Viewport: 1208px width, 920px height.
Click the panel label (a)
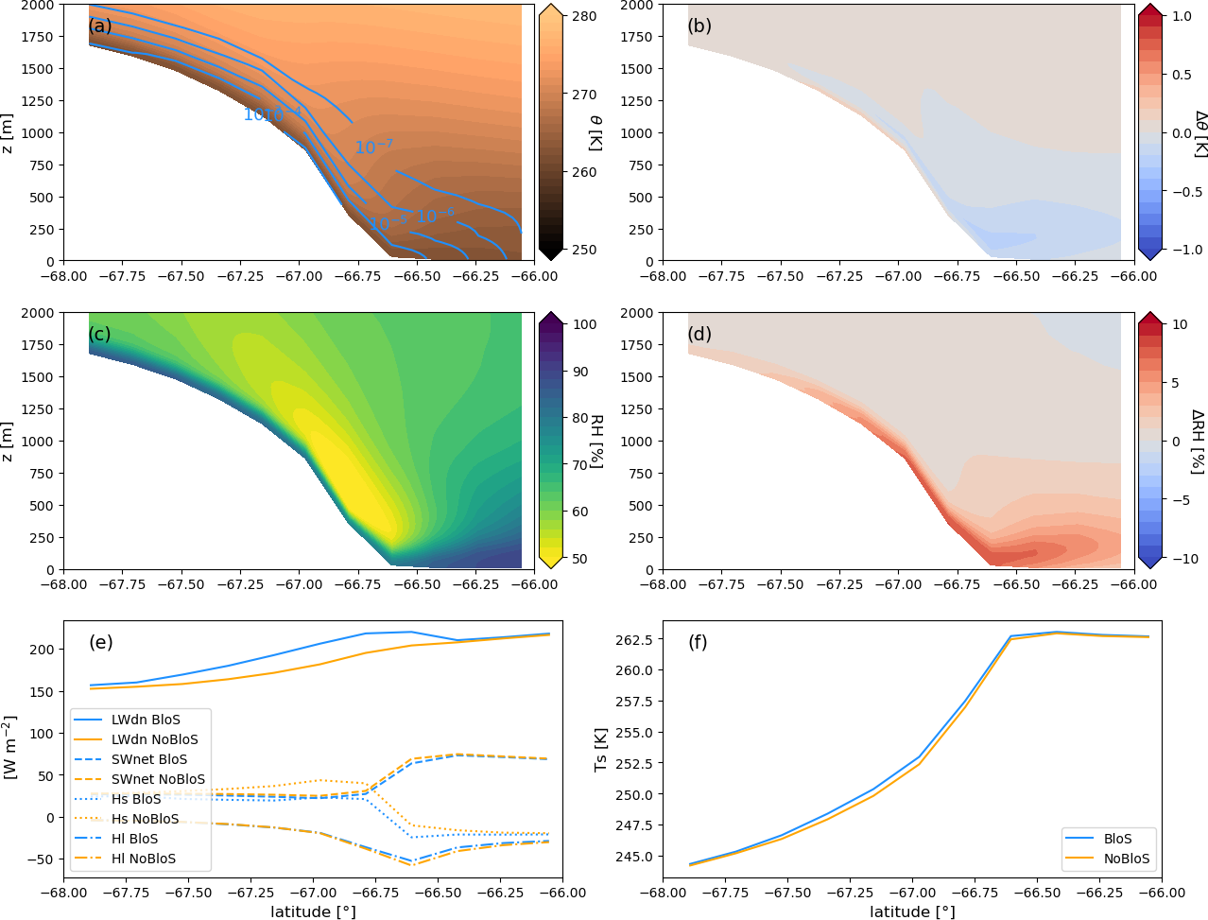click(99, 26)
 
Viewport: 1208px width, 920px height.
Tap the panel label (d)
click(699, 334)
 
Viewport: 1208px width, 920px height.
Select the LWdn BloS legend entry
click(146, 720)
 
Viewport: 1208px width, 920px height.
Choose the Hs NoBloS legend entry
click(145, 819)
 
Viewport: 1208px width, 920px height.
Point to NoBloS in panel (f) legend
click(1127, 859)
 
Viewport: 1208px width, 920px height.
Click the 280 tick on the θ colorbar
click(584, 17)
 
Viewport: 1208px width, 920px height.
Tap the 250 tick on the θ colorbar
click(584, 250)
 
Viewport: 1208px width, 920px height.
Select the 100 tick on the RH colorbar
click(586, 324)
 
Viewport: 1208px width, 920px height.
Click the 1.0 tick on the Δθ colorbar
click(1182, 16)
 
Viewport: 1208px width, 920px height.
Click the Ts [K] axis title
click(601, 749)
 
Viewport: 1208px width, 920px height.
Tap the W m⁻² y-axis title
click(11, 747)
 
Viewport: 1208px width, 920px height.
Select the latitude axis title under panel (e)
click(313, 911)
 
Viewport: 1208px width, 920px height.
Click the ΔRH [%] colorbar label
click(1197, 441)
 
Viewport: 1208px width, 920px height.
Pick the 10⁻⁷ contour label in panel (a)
click(373, 148)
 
